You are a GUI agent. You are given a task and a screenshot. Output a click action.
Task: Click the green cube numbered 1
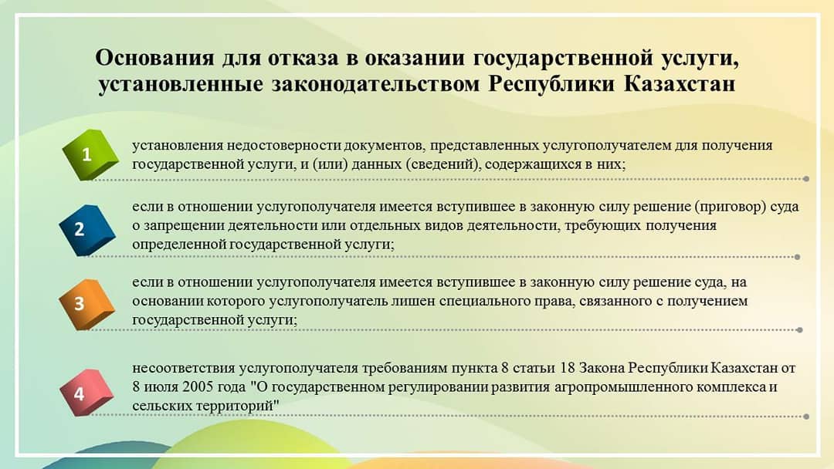pyautogui.click(x=90, y=154)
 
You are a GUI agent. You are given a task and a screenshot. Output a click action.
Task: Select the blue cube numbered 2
pyautogui.click(x=86, y=229)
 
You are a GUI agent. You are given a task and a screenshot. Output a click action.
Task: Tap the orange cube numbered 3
pyautogui.click(x=86, y=304)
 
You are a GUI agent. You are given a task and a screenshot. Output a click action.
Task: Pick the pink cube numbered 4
pyautogui.click(x=86, y=393)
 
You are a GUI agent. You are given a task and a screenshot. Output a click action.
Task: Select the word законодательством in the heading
pyautogui.click(x=376, y=84)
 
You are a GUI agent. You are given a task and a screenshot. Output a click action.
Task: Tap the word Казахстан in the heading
pyautogui.click(x=680, y=84)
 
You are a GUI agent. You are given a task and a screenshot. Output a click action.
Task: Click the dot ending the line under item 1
pyautogui.click(x=806, y=179)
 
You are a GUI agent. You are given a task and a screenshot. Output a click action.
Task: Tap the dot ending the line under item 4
pyautogui.click(x=806, y=417)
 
